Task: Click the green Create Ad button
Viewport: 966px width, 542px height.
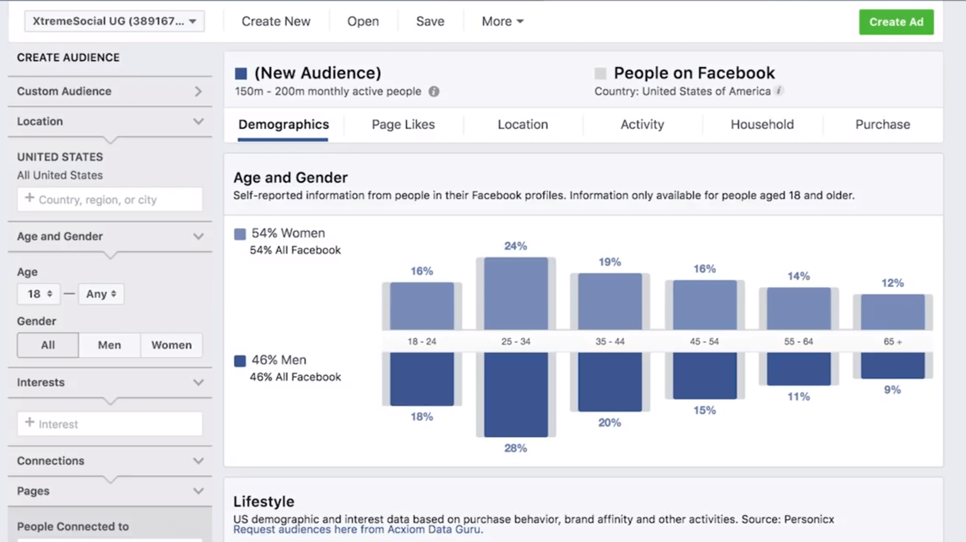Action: click(896, 22)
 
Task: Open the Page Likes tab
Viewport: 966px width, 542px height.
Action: click(403, 124)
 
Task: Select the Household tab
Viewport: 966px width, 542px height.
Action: click(762, 124)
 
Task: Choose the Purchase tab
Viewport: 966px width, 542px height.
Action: click(882, 124)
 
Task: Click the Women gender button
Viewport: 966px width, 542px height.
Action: click(171, 345)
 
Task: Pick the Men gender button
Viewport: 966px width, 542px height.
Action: click(109, 345)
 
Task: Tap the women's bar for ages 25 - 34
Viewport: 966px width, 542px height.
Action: click(516, 293)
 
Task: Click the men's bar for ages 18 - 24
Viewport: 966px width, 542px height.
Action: click(422, 378)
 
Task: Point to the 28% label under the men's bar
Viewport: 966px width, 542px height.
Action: click(515, 448)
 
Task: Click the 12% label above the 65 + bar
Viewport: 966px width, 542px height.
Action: click(892, 283)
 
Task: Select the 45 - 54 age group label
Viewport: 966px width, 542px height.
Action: click(704, 341)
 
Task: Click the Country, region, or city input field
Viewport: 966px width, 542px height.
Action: click(110, 200)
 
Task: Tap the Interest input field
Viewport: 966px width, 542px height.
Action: click(110, 424)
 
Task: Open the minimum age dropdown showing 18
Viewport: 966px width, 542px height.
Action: click(39, 294)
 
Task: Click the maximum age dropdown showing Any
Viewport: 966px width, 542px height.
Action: click(101, 294)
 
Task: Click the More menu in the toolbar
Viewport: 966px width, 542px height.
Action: click(502, 21)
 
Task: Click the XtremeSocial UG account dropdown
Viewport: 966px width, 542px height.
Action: click(114, 21)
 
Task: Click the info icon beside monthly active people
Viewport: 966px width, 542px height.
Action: click(434, 92)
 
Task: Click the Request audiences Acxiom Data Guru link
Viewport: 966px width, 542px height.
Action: click(358, 530)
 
